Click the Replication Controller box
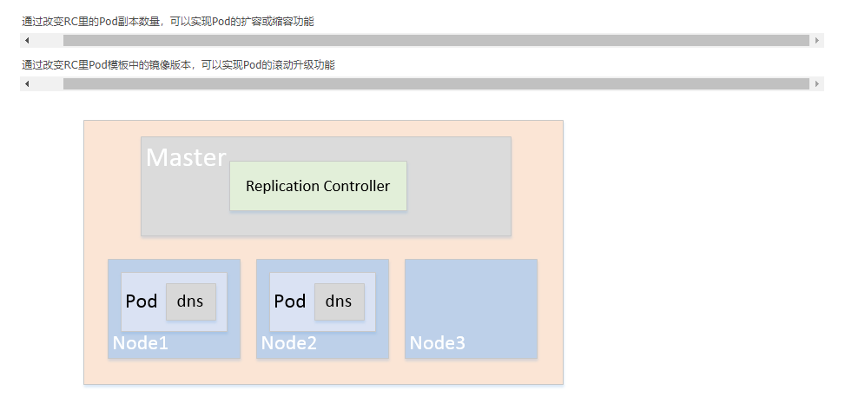(318, 186)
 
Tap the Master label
(186, 157)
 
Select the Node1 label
(140, 343)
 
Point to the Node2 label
(289, 343)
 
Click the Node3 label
(437, 343)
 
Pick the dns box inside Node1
(191, 301)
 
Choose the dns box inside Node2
(340, 301)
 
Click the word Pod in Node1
(142, 301)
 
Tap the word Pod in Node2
(290, 301)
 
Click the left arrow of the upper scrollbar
(27, 41)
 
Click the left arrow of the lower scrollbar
(27, 83)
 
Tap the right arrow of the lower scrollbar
(817, 83)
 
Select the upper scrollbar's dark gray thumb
(437, 41)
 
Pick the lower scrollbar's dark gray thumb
(437, 83)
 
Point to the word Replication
(282, 187)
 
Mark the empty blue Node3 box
(471, 308)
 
